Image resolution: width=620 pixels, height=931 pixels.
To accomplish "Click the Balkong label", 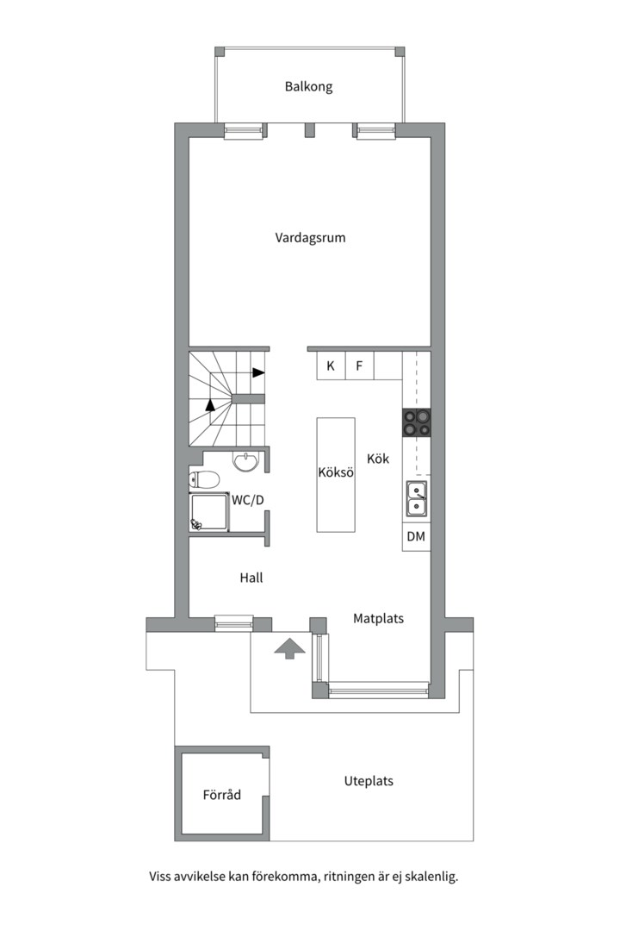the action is [308, 87].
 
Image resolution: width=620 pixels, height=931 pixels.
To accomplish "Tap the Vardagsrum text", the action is [310, 238].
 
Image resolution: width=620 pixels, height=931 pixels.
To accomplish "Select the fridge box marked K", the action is [331, 366].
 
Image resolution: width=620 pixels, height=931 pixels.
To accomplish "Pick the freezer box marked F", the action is [359, 366].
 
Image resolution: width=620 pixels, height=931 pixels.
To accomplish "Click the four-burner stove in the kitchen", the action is [417, 422].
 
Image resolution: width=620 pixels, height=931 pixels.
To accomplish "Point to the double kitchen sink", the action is [417, 499].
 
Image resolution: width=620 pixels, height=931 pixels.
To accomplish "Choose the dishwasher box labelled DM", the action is [416, 537].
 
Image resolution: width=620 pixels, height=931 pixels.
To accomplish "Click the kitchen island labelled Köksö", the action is [336, 474].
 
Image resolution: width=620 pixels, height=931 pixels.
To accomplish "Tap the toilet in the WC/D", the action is [204, 478].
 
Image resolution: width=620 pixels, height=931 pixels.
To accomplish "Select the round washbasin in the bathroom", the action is [245, 460].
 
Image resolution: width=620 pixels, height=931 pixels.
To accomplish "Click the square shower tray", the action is [208, 511].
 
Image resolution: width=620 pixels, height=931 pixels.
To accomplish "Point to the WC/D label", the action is [247, 500].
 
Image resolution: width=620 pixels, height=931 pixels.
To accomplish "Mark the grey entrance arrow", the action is [289, 648].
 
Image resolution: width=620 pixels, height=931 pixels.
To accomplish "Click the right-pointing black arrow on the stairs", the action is [258, 373].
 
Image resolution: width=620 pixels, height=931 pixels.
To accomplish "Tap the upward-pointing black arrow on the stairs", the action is [210, 405].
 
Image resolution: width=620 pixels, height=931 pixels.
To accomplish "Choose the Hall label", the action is [251, 578].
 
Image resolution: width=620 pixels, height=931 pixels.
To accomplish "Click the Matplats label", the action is [379, 619].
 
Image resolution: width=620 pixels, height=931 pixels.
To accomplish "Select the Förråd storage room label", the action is [222, 795].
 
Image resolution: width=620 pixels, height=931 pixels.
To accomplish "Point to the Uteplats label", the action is [369, 781].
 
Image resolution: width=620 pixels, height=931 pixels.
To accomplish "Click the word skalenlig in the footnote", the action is [433, 877].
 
